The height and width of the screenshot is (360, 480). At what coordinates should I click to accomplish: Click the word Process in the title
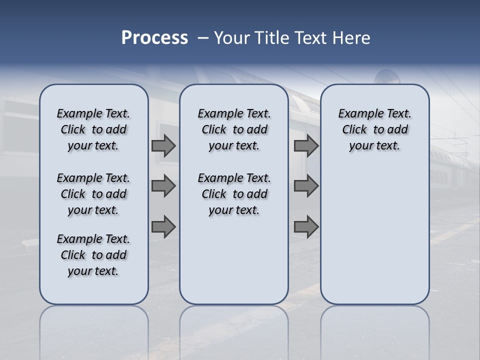click(x=154, y=38)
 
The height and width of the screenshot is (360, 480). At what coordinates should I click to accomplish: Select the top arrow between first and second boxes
click(x=163, y=145)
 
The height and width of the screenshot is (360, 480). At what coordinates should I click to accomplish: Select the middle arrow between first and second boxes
click(x=163, y=186)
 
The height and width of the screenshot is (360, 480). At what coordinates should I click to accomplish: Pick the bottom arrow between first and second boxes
click(x=163, y=227)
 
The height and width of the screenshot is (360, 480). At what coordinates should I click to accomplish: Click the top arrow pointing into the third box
click(x=306, y=145)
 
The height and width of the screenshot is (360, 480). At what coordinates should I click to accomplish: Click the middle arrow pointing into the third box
click(x=306, y=186)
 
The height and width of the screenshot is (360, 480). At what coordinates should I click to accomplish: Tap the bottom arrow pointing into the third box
click(x=306, y=227)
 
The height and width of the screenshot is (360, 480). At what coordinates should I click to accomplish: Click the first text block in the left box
click(x=93, y=129)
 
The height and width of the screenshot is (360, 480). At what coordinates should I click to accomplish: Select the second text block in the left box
click(x=93, y=194)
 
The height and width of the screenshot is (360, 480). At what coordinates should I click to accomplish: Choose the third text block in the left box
click(x=93, y=255)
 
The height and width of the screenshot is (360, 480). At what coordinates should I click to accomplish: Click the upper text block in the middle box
click(x=234, y=129)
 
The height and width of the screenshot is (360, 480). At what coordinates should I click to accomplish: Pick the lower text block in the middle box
click(x=234, y=194)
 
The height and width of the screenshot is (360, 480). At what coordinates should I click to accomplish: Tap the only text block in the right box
click(x=374, y=129)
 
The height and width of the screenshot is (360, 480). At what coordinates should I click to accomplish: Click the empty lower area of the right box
click(x=374, y=235)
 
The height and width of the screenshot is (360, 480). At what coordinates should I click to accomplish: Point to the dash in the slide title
click(x=203, y=38)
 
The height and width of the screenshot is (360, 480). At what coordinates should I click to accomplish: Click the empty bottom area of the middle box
click(x=234, y=265)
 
